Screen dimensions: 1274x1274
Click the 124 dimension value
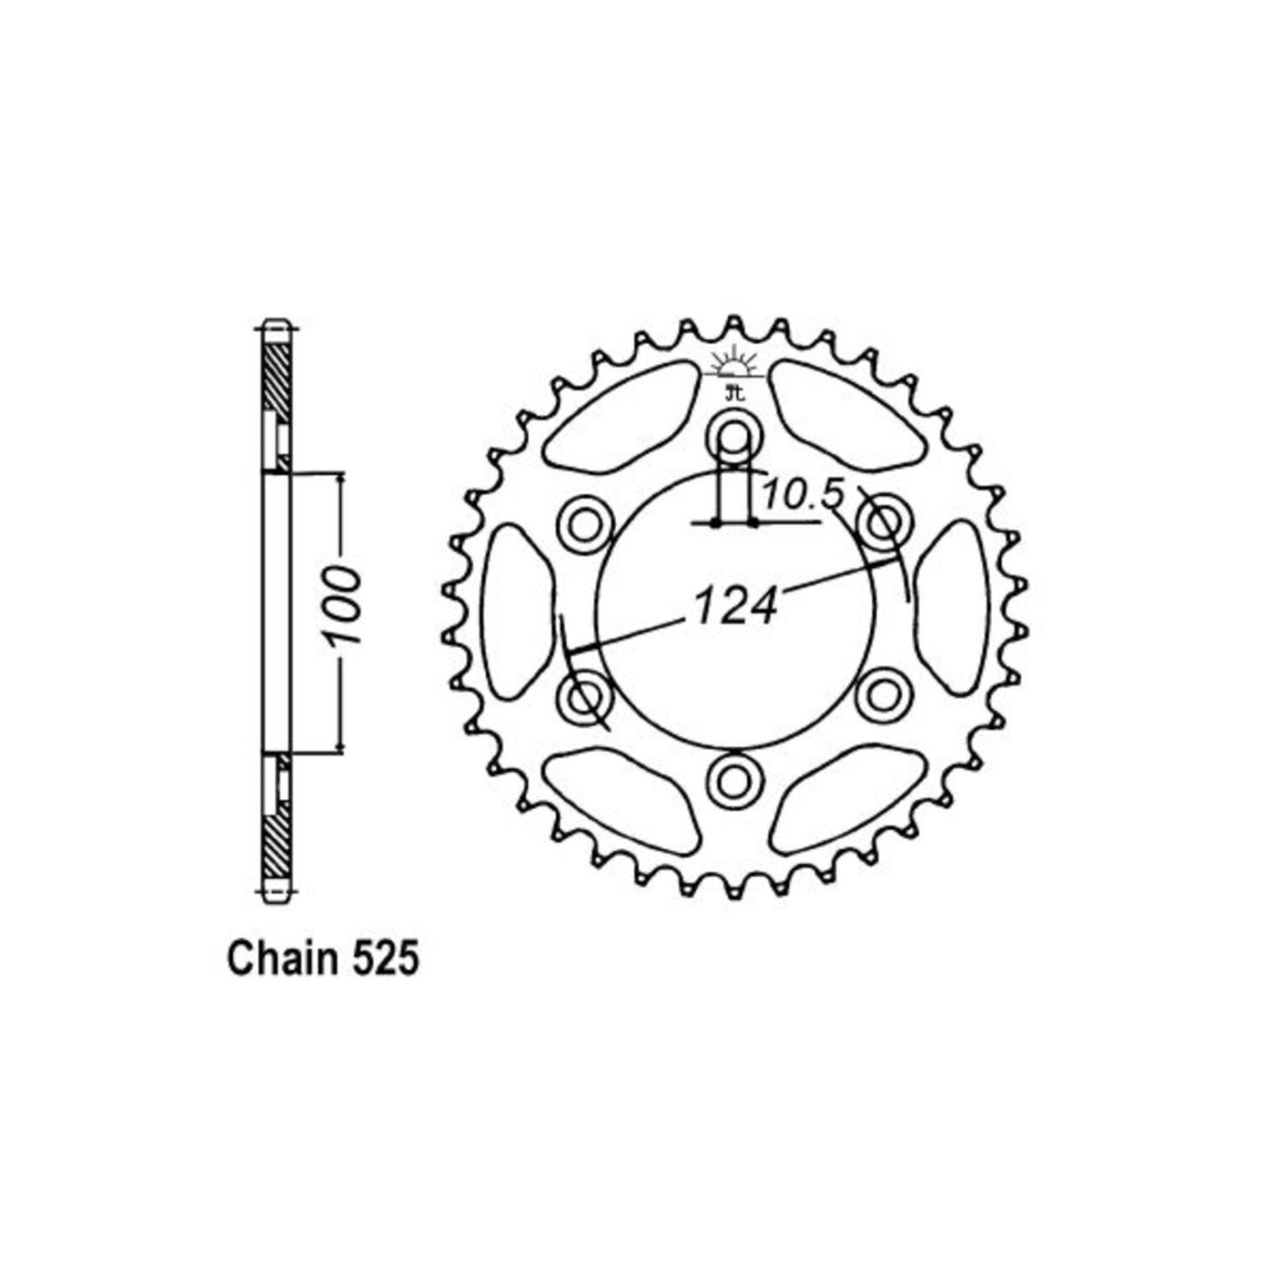pyautogui.click(x=734, y=605)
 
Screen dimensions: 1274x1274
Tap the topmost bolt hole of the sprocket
pyautogui.click(x=733, y=434)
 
